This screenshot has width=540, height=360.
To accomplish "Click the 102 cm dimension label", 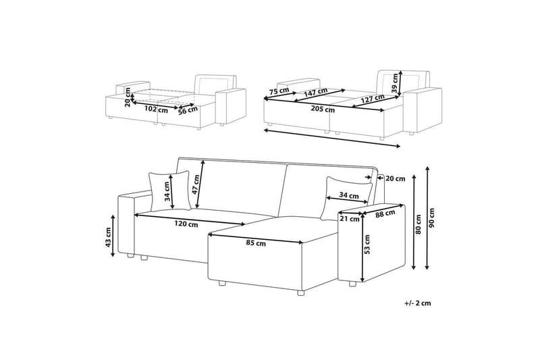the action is point(156,110).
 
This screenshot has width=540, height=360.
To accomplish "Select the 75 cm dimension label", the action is point(279,91).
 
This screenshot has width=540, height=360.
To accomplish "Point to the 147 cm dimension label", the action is point(316,92).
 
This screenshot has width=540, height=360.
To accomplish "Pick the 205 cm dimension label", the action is point(323,109).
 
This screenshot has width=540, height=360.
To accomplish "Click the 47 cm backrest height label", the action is point(196,184).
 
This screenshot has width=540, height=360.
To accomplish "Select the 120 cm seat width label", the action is point(186,224).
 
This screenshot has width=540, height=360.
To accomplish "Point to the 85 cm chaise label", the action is point(256,243).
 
